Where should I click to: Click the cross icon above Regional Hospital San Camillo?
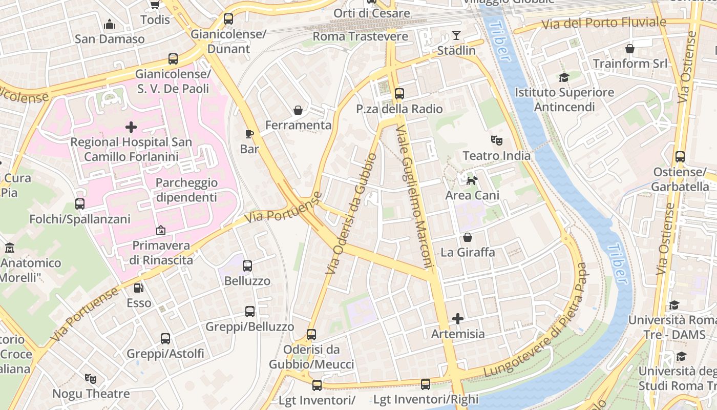(131, 127)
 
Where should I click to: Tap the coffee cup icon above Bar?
(249, 134)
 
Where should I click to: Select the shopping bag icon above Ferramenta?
(298, 110)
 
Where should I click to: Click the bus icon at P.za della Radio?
(399, 94)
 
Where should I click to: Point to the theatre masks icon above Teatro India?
(496, 140)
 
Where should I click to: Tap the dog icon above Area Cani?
(472, 180)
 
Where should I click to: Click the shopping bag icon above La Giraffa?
(468, 237)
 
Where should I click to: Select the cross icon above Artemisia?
(458, 319)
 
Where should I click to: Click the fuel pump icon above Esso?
(139, 288)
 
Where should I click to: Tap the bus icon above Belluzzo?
(247, 266)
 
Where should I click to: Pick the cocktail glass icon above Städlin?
(456, 35)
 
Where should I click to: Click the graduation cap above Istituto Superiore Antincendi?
(564, 78)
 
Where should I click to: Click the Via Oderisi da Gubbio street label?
(353, 213)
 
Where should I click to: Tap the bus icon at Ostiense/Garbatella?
(680, 157)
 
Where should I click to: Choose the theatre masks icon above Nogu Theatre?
(91, 379)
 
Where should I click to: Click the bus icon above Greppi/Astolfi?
(165, 339)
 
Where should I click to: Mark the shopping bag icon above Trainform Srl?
(630, 49)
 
